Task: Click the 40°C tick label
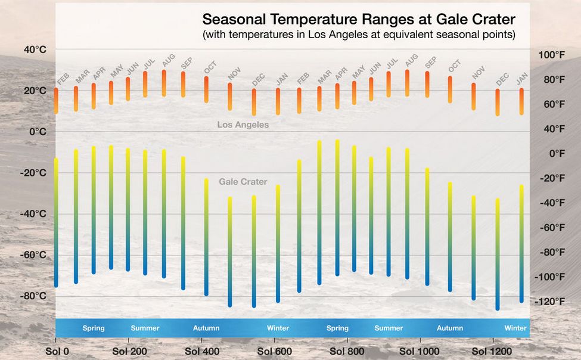35,50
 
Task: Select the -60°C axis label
33,255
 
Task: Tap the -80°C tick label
33,296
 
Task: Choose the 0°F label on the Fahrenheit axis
556,154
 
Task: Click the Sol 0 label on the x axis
57,351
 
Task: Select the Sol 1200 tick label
492,351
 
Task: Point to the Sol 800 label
347,351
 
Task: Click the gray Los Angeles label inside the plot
243,125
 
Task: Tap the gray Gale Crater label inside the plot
243,182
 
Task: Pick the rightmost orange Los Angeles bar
521,101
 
